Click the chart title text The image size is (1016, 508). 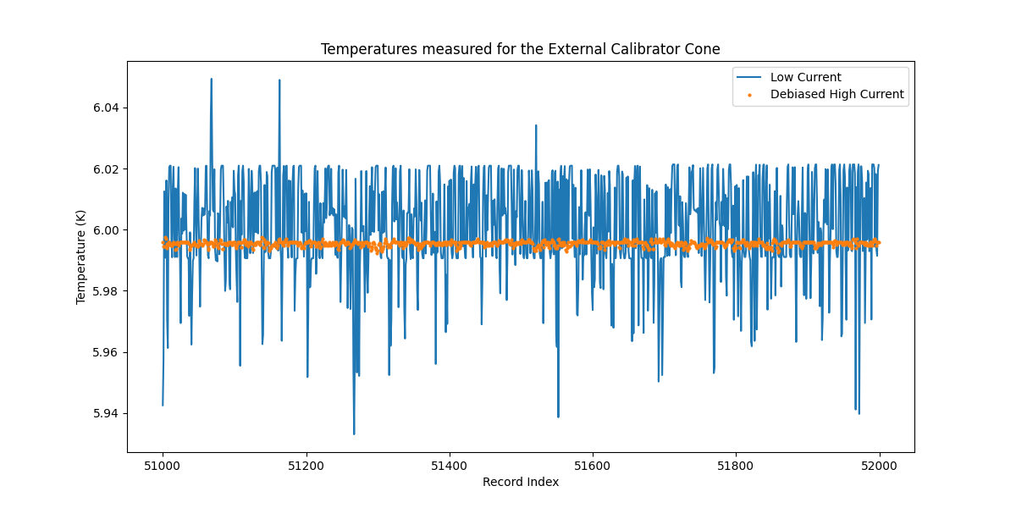point(520,49)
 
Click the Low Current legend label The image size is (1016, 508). point(805,77)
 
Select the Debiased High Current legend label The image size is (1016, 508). point(837,94)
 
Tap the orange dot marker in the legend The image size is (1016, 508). point(751,95)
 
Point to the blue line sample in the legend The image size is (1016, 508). point(751,78)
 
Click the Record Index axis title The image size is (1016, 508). point(520,482)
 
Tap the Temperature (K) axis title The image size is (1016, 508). point(81,257)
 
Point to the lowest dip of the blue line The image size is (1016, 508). point(354,433)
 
